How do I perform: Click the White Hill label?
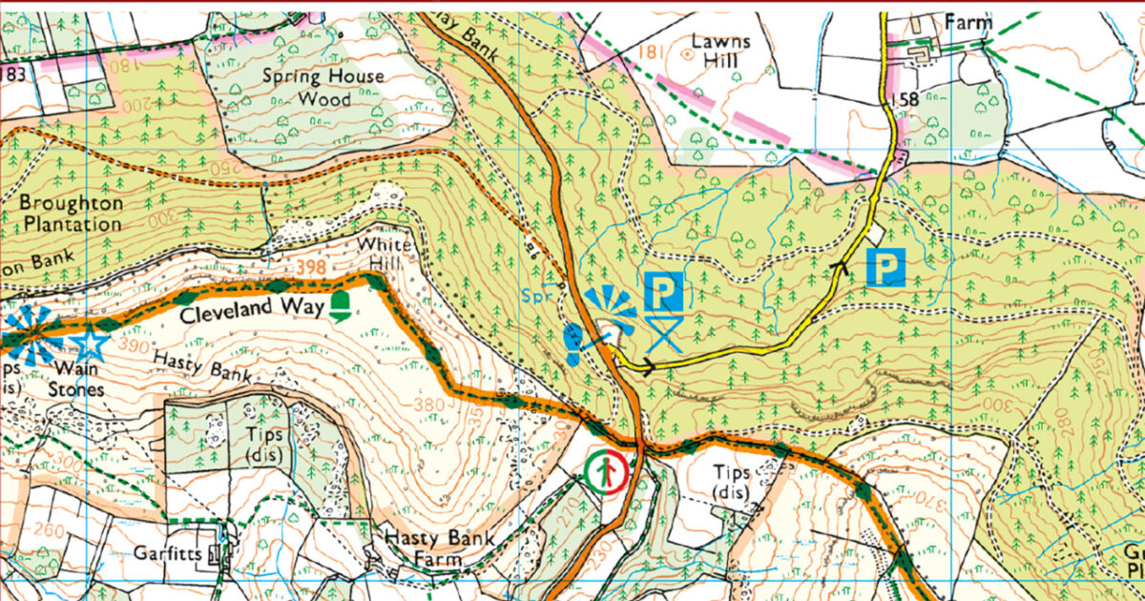click(385, 254)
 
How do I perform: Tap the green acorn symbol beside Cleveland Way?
click(340, 306)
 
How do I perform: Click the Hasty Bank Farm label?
click(439, 549)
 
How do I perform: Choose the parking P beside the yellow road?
click(886, 266)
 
